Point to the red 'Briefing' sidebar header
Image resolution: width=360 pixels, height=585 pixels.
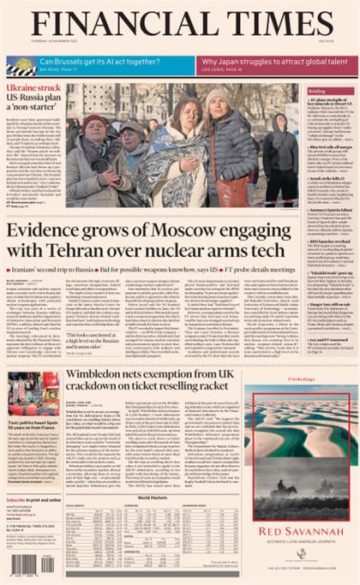click(x=318, y=91)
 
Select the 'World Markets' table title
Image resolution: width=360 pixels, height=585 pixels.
click(x=153, y=496)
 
